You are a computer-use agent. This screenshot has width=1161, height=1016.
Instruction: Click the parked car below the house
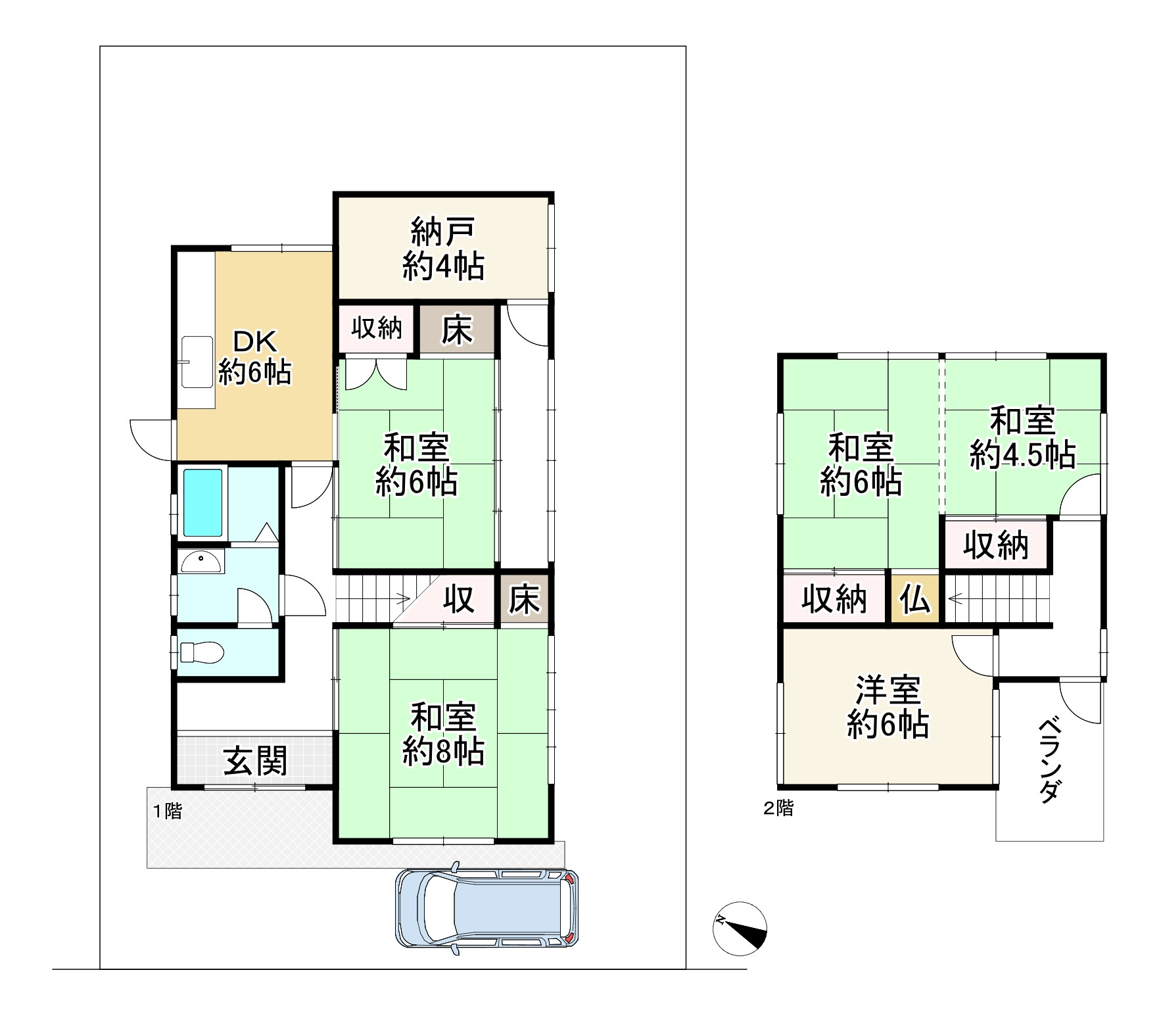click(x=487, y=909)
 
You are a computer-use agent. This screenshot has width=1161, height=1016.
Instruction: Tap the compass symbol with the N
click(x=740, y=929)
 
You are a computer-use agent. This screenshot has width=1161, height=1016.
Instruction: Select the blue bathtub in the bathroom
click(x=204, y=502)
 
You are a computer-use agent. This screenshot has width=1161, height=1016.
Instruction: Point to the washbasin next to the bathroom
click(x=201, y=563)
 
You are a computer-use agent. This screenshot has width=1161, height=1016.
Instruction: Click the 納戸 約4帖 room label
click(x=443, y=249)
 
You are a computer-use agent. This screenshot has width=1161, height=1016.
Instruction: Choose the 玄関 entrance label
click(x=256, y=761)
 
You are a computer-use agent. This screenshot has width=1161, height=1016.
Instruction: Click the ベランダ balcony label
click(x=1049, y=761)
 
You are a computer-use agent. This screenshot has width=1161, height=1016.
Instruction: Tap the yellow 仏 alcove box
click(x=916, y=598)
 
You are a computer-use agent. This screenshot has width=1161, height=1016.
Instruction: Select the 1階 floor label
click(x=167, y=811)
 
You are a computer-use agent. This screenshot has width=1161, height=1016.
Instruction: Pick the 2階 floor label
click(x=778, y=809)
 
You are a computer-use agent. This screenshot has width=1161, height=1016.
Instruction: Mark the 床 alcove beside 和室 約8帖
click(x=524, y=598)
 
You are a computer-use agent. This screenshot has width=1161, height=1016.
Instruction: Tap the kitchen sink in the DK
click(x=197, y=362)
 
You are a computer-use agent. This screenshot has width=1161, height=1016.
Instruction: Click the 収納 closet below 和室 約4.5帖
click(x=996, y=544)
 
